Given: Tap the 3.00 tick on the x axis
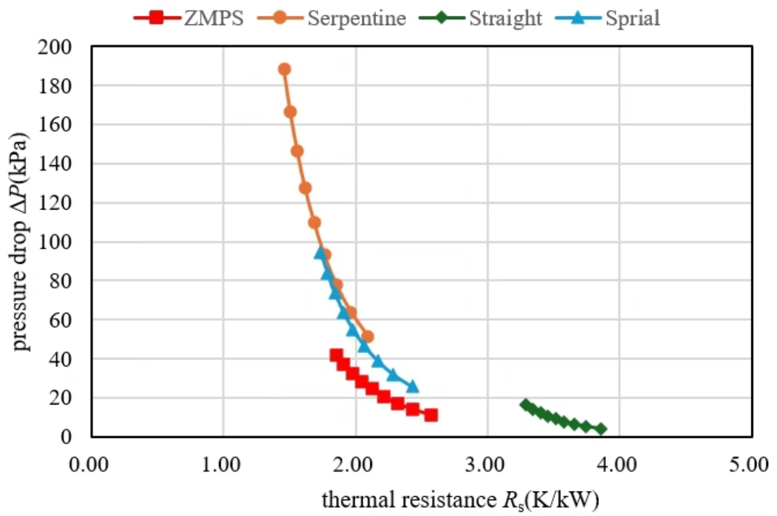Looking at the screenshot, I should tap(487, 465).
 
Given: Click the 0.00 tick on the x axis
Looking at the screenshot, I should tap(91, 465).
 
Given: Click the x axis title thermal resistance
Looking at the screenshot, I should tap(461, 499).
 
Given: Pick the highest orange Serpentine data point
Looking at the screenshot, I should tap(285, 69).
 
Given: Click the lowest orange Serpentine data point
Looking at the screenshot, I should tap(367, 337).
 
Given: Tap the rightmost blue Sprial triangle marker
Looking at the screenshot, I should tap(412, 386).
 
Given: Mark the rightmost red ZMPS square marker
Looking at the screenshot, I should tap(431, 415).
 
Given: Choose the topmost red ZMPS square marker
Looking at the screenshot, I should tap(336, 355).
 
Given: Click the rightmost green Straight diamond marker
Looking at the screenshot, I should tap(601, 430).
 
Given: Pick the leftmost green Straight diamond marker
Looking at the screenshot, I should tap(525, 405).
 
